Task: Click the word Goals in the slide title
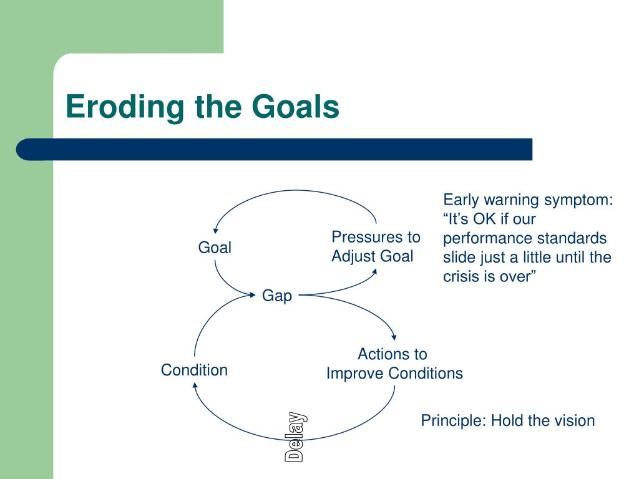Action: coord(295,106)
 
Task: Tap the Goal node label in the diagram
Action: coord(215,247)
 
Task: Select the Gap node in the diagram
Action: coord(276,296)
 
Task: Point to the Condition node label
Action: coord(195,370)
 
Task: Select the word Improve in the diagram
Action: coord(355,374)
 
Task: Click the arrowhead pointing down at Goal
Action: coord(216,231)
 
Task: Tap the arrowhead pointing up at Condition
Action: coord(195,385)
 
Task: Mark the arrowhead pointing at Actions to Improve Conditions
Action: coord(394,337)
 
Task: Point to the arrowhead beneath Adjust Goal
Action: coord(374,271)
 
